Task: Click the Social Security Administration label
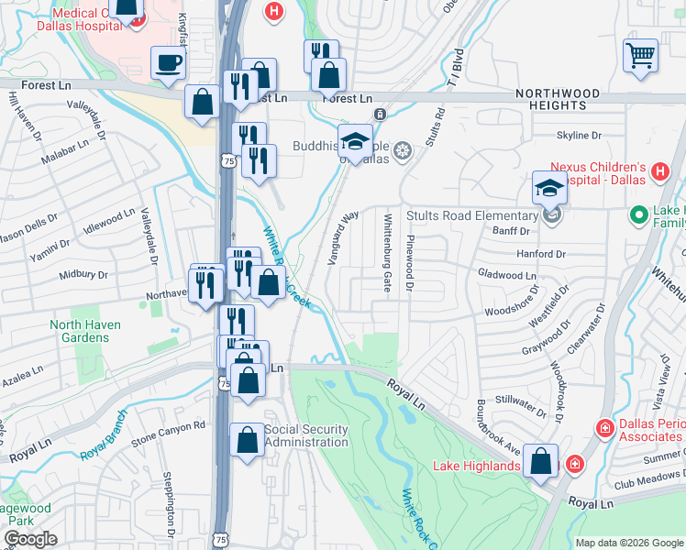[306, 436]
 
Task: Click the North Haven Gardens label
[92, 331]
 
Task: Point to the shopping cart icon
[640, 54]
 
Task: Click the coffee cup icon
[168, 63]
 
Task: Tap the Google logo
[30, 539]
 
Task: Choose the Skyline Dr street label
[579, 136]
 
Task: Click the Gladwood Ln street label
[507, 275]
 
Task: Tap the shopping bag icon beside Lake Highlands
[542, 462]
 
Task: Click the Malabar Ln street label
[69, 146]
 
